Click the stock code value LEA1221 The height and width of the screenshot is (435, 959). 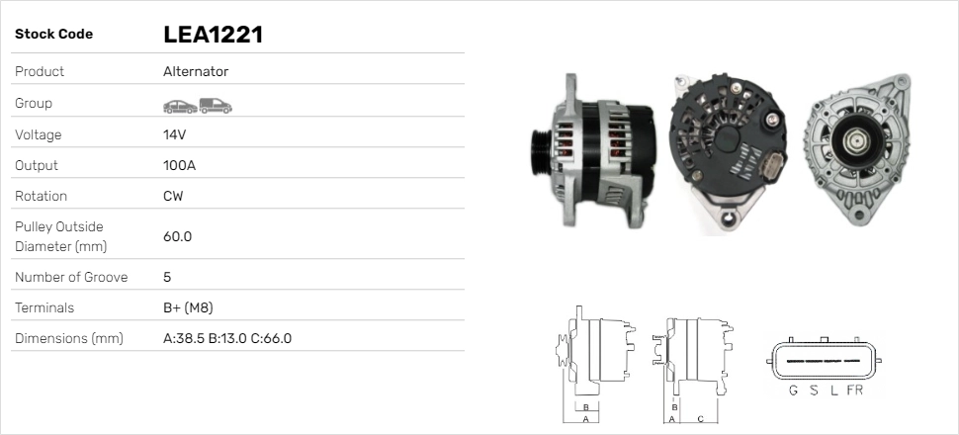click(213, 35)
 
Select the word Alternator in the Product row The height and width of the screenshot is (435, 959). click(196, 71)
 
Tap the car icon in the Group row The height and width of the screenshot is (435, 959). click(180, 107)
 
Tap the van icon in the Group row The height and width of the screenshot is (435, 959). click(216, 106)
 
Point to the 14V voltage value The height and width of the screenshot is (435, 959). click(174, 134)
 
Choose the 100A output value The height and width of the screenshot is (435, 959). click(179, 165)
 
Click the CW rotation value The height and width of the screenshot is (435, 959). click(173, 196)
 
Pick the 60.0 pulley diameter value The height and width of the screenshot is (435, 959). click(177, 236)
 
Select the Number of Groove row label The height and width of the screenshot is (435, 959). click(71, 277)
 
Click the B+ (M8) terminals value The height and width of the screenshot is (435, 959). click(188, 307)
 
